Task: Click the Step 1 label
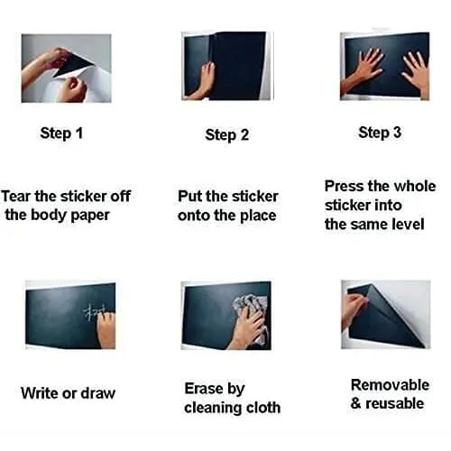(61, 133)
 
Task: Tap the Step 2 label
(226, 135)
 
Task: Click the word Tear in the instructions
(19, 196)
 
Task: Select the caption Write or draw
(68, 393)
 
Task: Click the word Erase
(204, 389)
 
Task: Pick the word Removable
(390, 384)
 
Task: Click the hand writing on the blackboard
(106, 327)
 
